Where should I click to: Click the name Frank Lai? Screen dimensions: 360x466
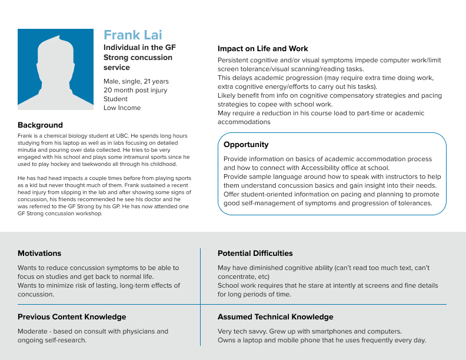132,35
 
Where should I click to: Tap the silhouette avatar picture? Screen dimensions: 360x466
55,69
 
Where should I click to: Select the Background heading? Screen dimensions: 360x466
40,125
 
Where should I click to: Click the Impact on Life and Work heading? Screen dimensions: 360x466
262,49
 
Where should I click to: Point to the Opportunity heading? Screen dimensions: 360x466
246,145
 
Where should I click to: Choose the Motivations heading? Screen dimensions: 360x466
39,254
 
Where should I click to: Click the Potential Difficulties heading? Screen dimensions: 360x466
255,254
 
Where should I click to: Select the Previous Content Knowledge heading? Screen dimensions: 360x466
72,317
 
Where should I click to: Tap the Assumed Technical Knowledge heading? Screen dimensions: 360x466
275,317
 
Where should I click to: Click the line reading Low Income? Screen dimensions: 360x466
122,108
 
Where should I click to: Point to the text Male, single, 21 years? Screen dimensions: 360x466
136,81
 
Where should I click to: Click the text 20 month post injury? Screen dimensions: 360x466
135,90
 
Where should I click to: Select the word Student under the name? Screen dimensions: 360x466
115,99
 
